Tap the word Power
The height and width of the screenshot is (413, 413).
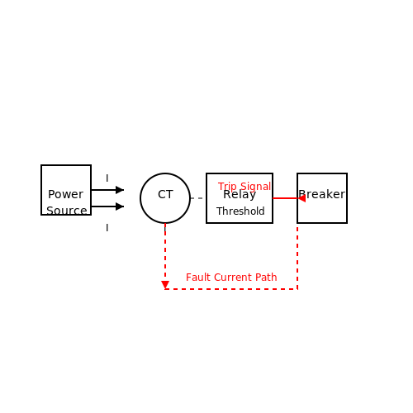[x=65, y=194]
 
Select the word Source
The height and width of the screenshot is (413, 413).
[x=67, y=211]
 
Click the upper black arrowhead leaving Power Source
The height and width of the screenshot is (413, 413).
[x=120, y=190]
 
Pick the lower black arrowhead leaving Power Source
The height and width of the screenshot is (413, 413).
[x=120, y=206]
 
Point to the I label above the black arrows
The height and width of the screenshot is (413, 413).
[x=107, y=178]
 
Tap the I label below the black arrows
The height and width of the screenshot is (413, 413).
[x=107, y=228]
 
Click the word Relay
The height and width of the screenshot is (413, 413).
[x=240, y=195]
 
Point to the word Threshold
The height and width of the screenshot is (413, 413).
[x=240, y=211]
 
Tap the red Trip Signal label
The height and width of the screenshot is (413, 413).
[x=244, y=187]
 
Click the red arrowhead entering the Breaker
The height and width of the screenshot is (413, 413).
[x=301, y=198]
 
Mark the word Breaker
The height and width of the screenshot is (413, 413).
[x=322, y=194]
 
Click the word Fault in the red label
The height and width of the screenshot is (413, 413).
[x=198, y=278]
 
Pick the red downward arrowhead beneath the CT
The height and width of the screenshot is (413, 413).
[x=165, y=285]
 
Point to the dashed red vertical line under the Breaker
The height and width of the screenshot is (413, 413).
[x=297, y=258]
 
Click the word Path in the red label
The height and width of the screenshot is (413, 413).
[x=266, y=278]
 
